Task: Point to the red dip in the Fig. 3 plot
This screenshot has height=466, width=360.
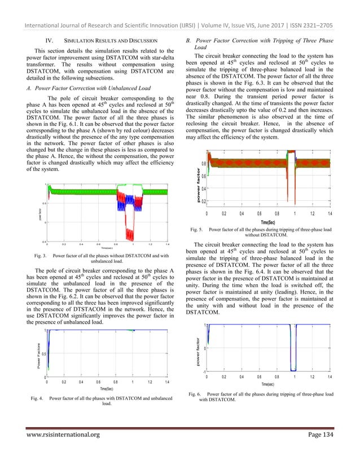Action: [x=131, y=231]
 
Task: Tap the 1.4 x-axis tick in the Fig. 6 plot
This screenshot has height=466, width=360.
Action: [x=330, y=376]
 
